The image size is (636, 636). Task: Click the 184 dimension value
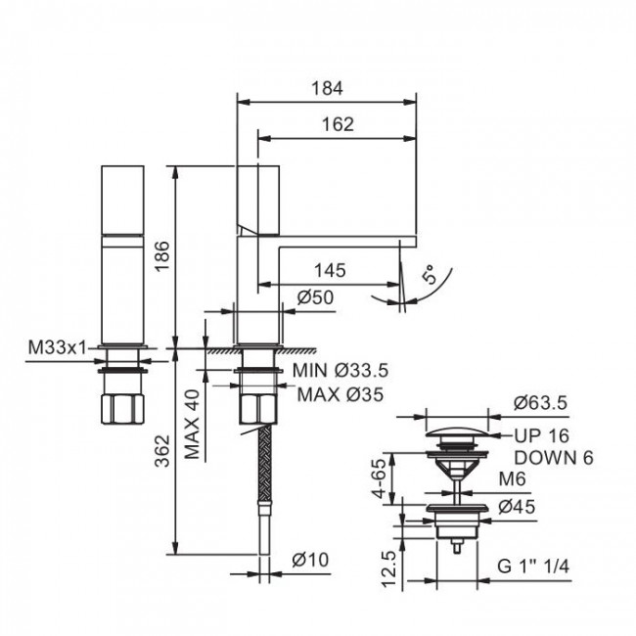point(327,88)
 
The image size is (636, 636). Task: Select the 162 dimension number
point(338,124)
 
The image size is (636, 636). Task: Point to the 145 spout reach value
point(330,270)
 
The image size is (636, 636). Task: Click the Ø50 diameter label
point(316,297)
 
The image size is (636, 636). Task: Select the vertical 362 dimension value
point(162,451)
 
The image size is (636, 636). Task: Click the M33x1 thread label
point(57,347)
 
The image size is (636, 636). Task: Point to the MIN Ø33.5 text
point(341,370)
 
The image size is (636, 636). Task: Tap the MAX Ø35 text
point(341,394)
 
